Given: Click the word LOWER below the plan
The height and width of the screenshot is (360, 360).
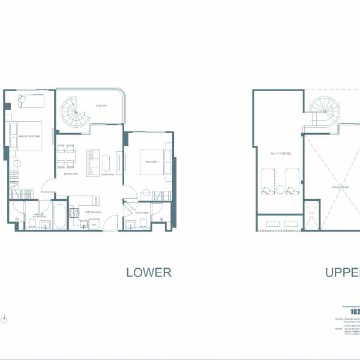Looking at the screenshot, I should click(149, 272).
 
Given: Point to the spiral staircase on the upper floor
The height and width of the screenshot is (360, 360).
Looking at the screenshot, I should click(324, 112).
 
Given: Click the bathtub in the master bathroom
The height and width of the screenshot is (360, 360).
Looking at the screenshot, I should click(60, 215).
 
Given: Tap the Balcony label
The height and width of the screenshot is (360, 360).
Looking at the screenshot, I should click(101, 106).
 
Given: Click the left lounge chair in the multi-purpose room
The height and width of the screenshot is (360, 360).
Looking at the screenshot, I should click(268, 181).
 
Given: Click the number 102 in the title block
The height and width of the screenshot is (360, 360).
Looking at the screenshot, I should click(355, 312).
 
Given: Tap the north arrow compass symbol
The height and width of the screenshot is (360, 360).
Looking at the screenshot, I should click(5, 319).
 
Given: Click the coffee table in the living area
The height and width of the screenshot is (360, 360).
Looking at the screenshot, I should click(107, 162).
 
